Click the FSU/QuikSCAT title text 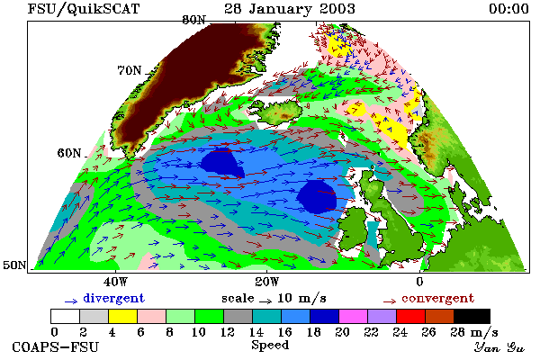(x=84, y=9)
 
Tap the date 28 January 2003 (x=290, y=9)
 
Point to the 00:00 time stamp (x=508, y=9)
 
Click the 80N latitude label (x=193, y=20)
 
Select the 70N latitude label (x=130, y=70)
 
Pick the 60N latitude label (x=69, y=153)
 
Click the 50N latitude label (x=14, y=265)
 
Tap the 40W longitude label (x=115, y=282)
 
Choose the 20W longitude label (x=267, y=282)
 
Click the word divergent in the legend (x=113, y=298)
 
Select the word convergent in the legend (x=437, y=298)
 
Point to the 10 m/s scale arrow (x=265, y=301)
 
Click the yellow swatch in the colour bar (x=123, y=316)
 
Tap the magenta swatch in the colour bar (x=354, y=316)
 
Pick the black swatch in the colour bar (x=472, y=316)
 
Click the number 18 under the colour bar (x=314, y=332)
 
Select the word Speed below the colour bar (x=270, y=346)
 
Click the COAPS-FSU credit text (x=56, y=346)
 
